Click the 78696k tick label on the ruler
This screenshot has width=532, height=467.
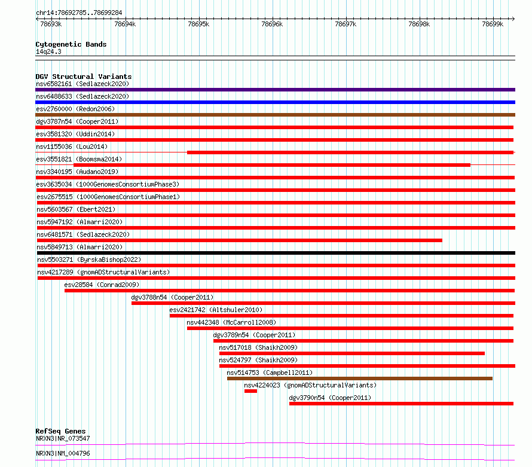pyautogui.click(x=272, y=24)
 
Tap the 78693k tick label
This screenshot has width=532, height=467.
pyautogui.click(x=51, y=24)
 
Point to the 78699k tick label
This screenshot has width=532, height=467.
pyautogui.click(x=493, y=24)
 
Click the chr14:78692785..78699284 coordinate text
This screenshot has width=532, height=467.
pyautogui.click(x=79, y=13)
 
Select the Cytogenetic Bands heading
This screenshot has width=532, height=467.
pyautogui.click(x=71, y=44)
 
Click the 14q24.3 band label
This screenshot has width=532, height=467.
pyautogui.click(x=48, y=51)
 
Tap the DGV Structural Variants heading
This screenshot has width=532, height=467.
pyautogui.click(x=84, y=77)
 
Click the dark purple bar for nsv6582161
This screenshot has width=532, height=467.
pyautogui.click(x=275, y=90)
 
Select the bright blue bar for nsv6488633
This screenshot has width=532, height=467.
pyautogui.click(x=275, y=102)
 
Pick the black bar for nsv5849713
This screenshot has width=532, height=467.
pyautogui.click(x=276, y=253)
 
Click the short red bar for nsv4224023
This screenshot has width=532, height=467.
pyautogui.click(x=250, y=391)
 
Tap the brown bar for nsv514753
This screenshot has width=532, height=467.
pyautogui.click(x=360, y=379)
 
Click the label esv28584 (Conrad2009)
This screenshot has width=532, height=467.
pyautogui.click(x=102, y=285)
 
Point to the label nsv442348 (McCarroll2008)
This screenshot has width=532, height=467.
pyautogui.click(x=231, y=322)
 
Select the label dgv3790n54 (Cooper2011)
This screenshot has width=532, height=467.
pyautogui.click(x=330, y=398)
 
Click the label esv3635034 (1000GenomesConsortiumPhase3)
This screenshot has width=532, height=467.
pyautogui.click(x=108, y=184)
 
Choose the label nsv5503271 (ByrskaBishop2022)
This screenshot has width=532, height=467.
pyautogui.click(x=89, y=260)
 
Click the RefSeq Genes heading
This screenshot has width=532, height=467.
pyautogui.click(x=61, y=431)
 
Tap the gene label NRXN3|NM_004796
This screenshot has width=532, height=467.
pyautogui.click(x=63, y=453)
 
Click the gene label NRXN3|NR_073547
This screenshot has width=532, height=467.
pyautogui.click(x=63, y=438)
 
